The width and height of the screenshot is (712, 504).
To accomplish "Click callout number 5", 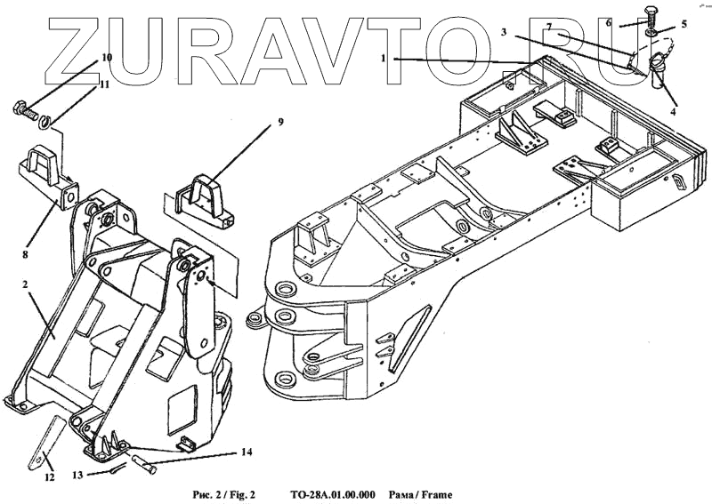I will tap(684, 24).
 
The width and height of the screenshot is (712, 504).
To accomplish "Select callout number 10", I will tap(107, 57).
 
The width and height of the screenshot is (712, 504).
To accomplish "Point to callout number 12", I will tap(50, 477).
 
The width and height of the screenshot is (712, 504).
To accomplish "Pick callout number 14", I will tap(247, 452).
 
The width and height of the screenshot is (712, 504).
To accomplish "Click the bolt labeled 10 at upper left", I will tap(25, 113).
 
